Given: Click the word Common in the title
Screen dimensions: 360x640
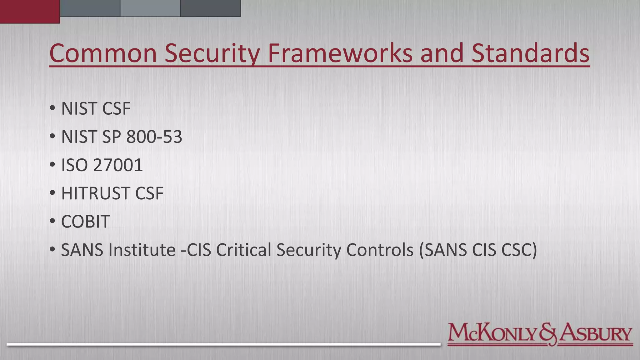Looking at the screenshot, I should coord(103,53).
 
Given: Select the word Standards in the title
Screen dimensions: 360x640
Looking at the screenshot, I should coord(530,53).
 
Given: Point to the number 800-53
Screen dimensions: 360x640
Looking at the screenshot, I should coord(154,137).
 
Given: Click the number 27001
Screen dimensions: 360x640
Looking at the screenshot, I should coord(118,165).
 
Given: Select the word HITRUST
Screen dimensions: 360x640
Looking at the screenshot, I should coord(95,193).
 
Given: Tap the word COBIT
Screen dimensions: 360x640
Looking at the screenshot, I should coord(85,222).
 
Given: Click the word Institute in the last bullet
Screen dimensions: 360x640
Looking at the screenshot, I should coord(142,250).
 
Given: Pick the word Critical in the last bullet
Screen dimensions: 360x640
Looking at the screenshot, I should coord(243,250).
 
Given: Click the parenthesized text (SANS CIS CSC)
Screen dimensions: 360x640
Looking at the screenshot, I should coord(478,250).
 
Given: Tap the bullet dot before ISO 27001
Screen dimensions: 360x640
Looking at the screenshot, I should coord(52,165).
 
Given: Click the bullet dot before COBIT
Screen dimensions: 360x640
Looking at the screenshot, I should coord(52,221).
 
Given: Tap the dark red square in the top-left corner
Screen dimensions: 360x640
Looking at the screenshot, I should coord(30,11).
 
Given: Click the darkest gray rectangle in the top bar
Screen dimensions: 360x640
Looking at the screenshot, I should coord(210,8).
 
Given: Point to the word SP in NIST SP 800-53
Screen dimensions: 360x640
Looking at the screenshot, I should coord(111,137).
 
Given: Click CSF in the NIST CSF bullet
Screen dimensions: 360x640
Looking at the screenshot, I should coord(116,109).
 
